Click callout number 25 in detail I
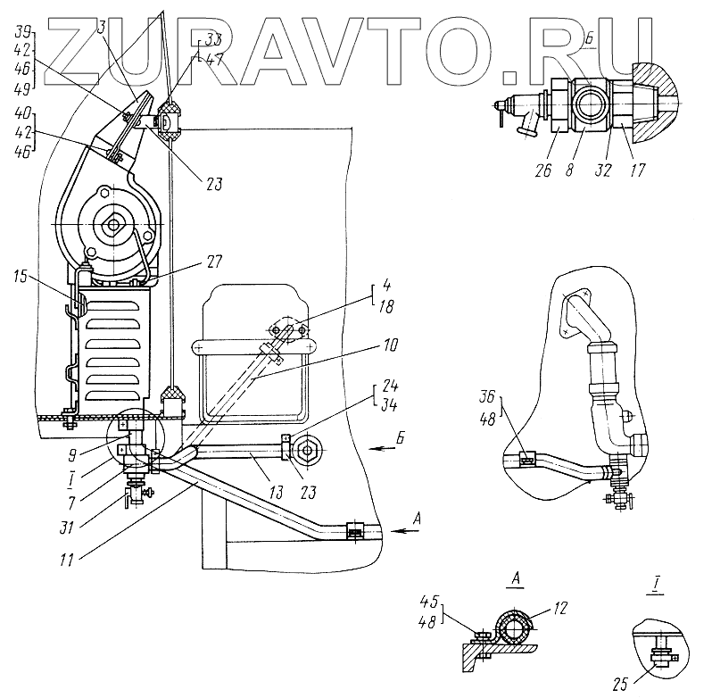coord(622,685)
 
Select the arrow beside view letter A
coord(408,530)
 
